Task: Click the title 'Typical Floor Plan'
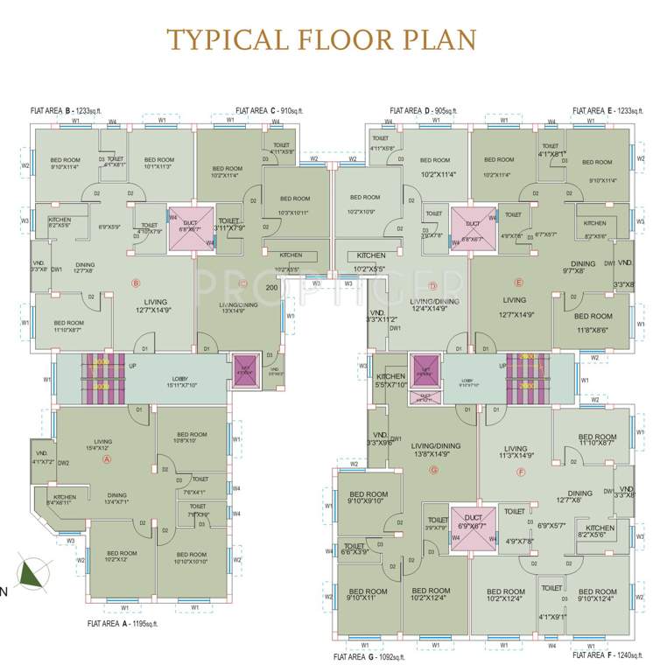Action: click(x=322, y=39)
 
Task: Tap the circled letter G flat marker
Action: click(x=432, y=470)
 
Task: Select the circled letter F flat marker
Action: click(x=522, y=472)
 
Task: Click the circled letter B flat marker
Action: click(x=136, y=283)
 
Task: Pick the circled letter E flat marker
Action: click(x=518, y=283)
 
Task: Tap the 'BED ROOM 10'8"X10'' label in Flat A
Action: click(x=192, y=437)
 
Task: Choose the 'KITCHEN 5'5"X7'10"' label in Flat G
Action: click(x=391, y=380)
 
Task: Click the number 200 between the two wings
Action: click(x=271, y=287)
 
